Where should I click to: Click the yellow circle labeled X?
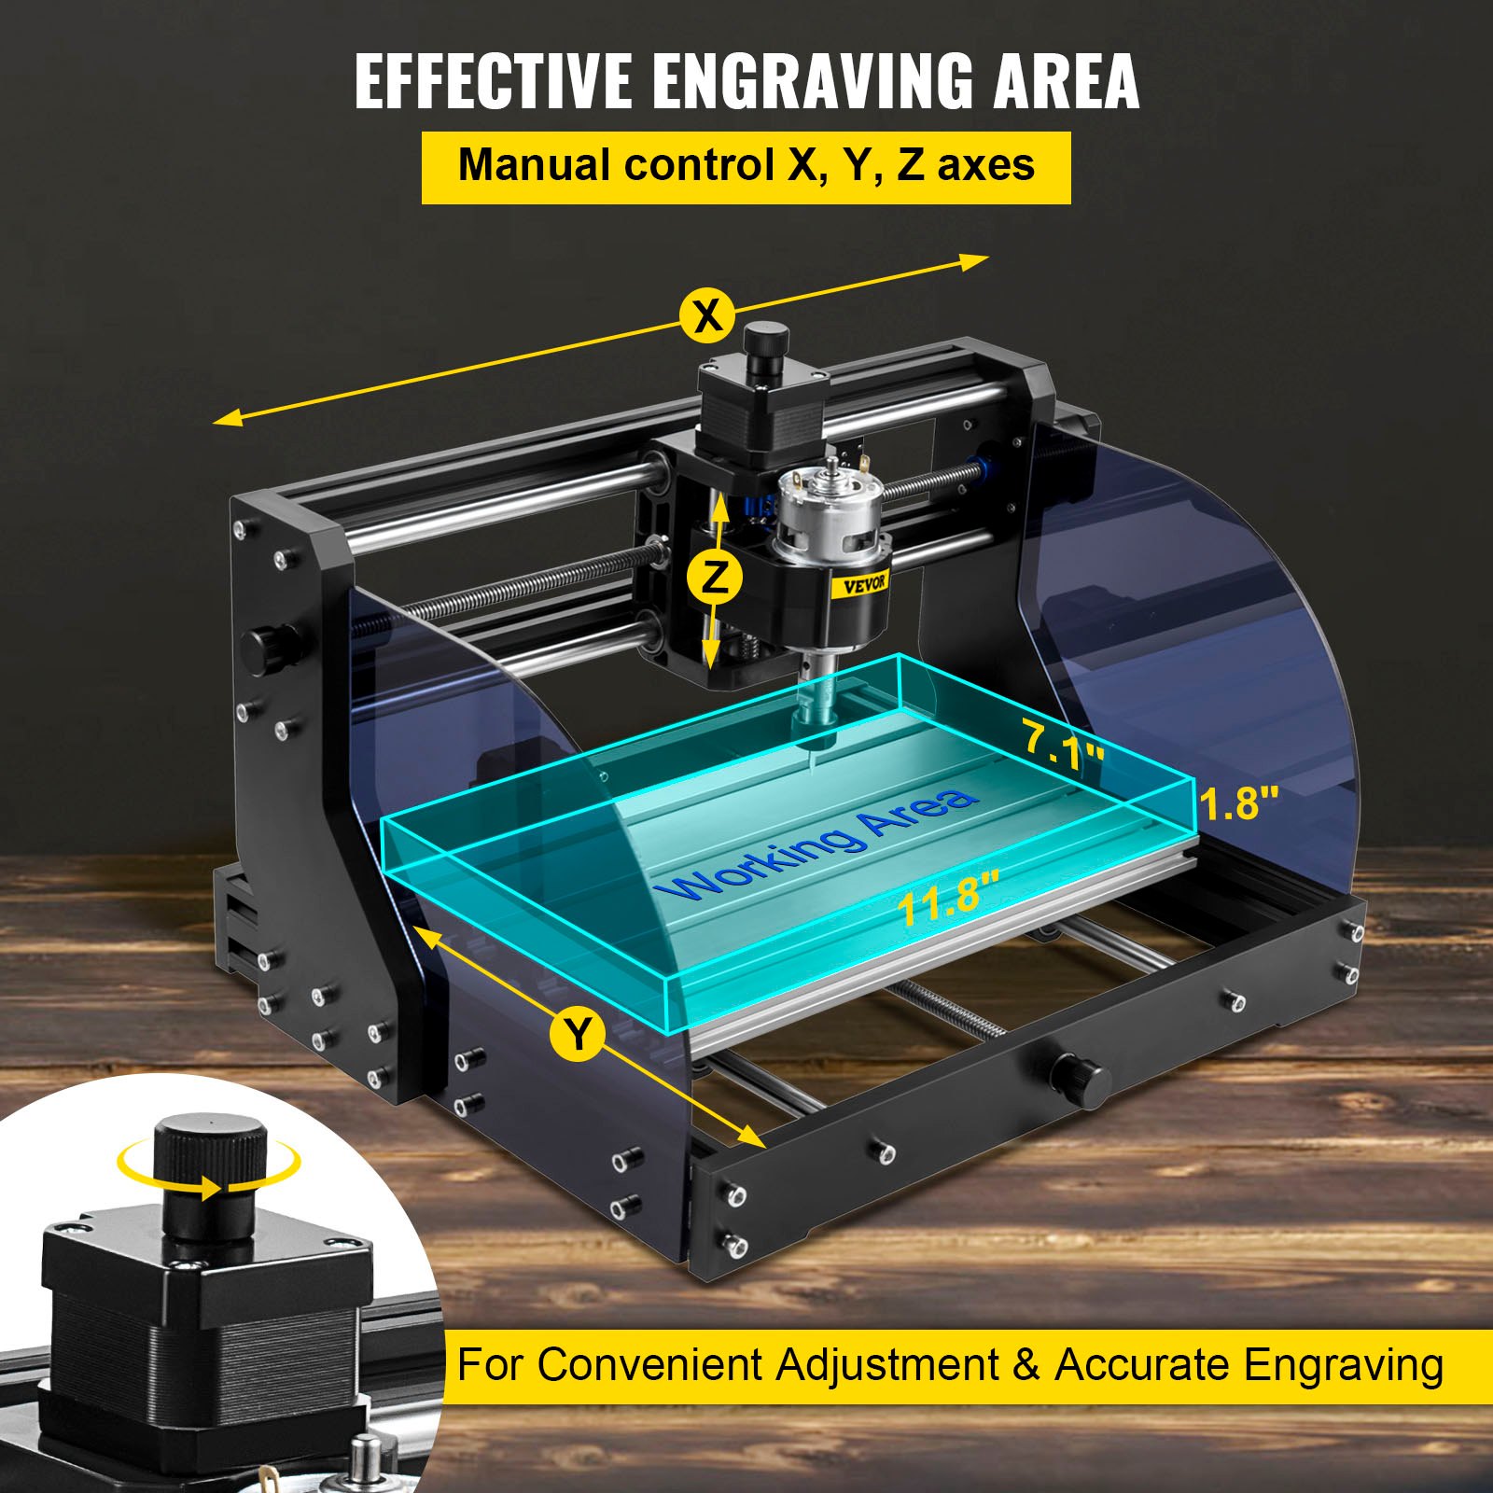click(x=707, y=316)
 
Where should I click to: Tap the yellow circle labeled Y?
click(x=578, y=1034)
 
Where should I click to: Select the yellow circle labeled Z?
click(x=714, y=579)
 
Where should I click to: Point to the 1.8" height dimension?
click(x=1238, y=802)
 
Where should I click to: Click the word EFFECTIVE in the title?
click(x=493, y=82)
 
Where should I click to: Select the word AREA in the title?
click(x=1066, y=82)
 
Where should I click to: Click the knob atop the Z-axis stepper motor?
click(x=765, y=347)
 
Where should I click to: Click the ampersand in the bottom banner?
click(x=1026, y=1365)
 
